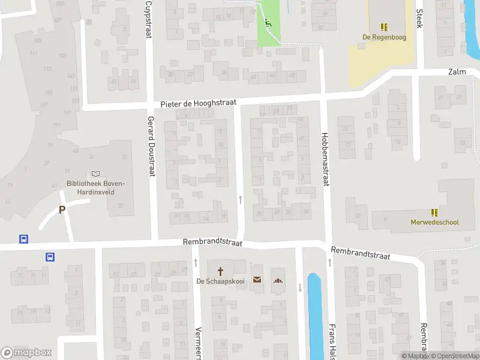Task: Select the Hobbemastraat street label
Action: click(325, 159)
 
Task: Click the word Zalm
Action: click(457, 72)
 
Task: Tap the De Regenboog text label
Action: click(383, 37)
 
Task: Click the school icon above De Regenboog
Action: click(383, 26)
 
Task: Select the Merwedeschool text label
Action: click(436, 222)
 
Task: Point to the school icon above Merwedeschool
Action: click(434, 212)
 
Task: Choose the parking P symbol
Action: click(61, 210)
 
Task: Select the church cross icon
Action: click(220, 271)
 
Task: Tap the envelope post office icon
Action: click(257, 280)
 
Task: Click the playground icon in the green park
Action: click(268, 24)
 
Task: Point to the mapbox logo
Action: click(27, 353)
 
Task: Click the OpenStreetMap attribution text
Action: click(457, 356)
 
